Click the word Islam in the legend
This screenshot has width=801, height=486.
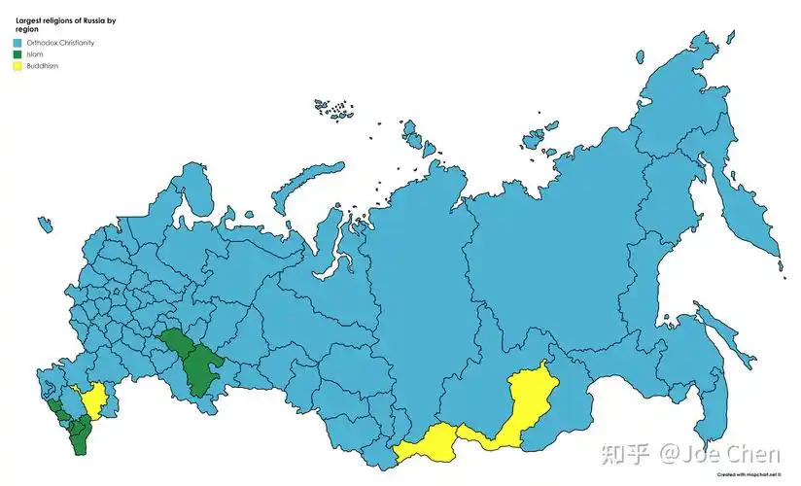[x=35, y=54]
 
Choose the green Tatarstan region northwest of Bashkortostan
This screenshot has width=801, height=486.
[x=178, y=342]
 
